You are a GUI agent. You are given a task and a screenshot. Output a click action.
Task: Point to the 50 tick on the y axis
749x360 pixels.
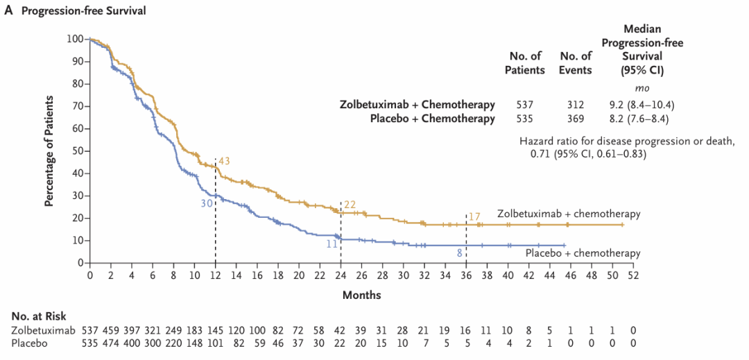(x=77, y=151)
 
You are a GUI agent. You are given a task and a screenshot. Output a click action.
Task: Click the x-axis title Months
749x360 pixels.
(x=361, y=295)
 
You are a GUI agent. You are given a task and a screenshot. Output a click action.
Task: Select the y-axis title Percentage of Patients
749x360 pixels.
(x=50, y=151)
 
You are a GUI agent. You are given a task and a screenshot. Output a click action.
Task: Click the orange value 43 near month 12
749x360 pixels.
(x=224, y=161)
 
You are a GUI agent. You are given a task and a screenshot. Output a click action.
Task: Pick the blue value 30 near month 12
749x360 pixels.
(x=207, y=203)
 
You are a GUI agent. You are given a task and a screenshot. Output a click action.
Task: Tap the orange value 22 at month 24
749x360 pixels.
(x=350, y=204)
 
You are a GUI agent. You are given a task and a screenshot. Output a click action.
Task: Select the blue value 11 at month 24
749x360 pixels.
(x=332, y=244)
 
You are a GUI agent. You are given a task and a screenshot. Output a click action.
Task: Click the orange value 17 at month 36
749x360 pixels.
(x=474, y=216)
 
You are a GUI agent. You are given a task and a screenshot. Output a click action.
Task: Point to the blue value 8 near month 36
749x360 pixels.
(x=459, y=254)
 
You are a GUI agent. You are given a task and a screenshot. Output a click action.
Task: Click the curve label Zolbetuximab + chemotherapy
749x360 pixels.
(x=568, y=214)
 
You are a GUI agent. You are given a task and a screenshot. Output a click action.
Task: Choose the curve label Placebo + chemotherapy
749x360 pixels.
(x=582, y=252)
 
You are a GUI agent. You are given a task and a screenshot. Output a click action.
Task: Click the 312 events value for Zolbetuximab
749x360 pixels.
(x=576, y=105)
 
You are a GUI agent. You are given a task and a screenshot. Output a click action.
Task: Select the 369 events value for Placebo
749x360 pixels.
(x=576, y=119)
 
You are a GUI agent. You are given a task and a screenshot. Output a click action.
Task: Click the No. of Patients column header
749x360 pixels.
(x=524, y=62)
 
